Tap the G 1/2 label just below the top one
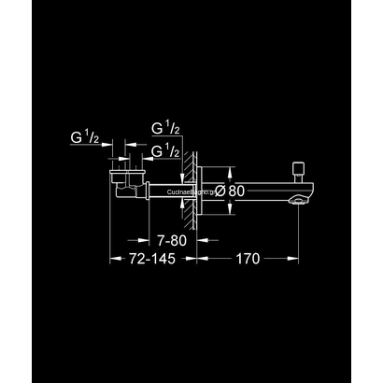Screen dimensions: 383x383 click(165, 149)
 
